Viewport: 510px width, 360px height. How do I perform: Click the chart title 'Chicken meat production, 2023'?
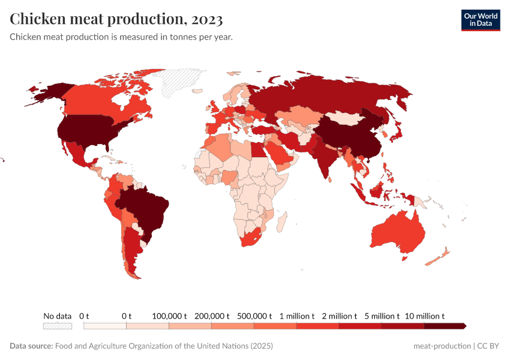click(x=116, y=19)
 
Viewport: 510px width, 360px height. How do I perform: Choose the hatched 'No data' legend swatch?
click(x=57, y=326)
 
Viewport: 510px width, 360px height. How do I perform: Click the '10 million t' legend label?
click(x=424, y=316)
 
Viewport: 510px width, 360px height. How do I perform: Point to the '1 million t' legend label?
click(x=296, y=316)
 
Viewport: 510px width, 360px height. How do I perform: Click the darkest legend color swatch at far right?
click(x=445, y=326)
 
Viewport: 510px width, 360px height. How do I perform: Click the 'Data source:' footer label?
click(x=31, y=346)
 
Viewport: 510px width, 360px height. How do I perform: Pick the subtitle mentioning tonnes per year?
click(x=121, y=37)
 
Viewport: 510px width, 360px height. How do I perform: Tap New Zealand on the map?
click(x=438, y=257)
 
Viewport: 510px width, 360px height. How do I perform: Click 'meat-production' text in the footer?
click(x=442, y=346)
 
